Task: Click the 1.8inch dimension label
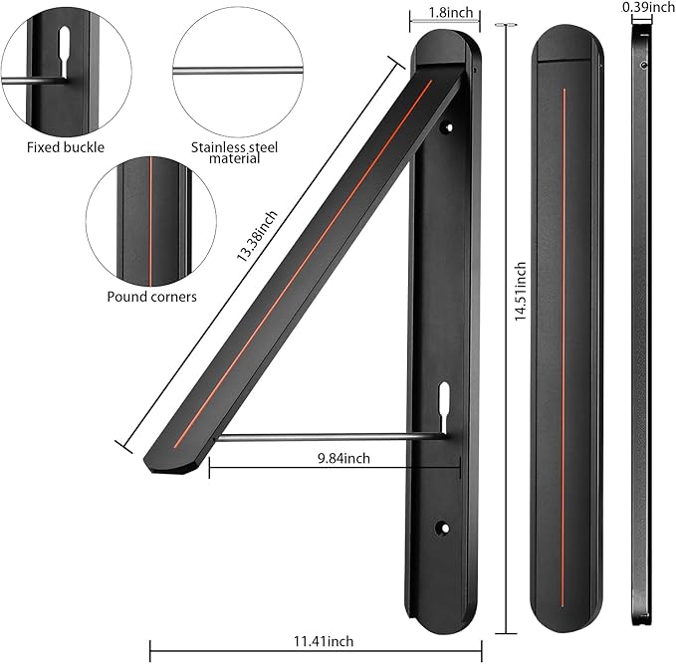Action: (451, 13)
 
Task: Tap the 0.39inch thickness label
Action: (648, 7)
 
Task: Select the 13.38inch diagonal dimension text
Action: (257, 236)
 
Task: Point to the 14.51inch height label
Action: (521, 291)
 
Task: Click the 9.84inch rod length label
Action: (343, 458)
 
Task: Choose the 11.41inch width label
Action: (324, 641)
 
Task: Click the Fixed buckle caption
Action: (66, 147)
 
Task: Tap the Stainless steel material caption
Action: (235, 152)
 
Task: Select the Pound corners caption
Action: (151, 297)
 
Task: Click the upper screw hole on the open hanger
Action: (448, 127)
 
